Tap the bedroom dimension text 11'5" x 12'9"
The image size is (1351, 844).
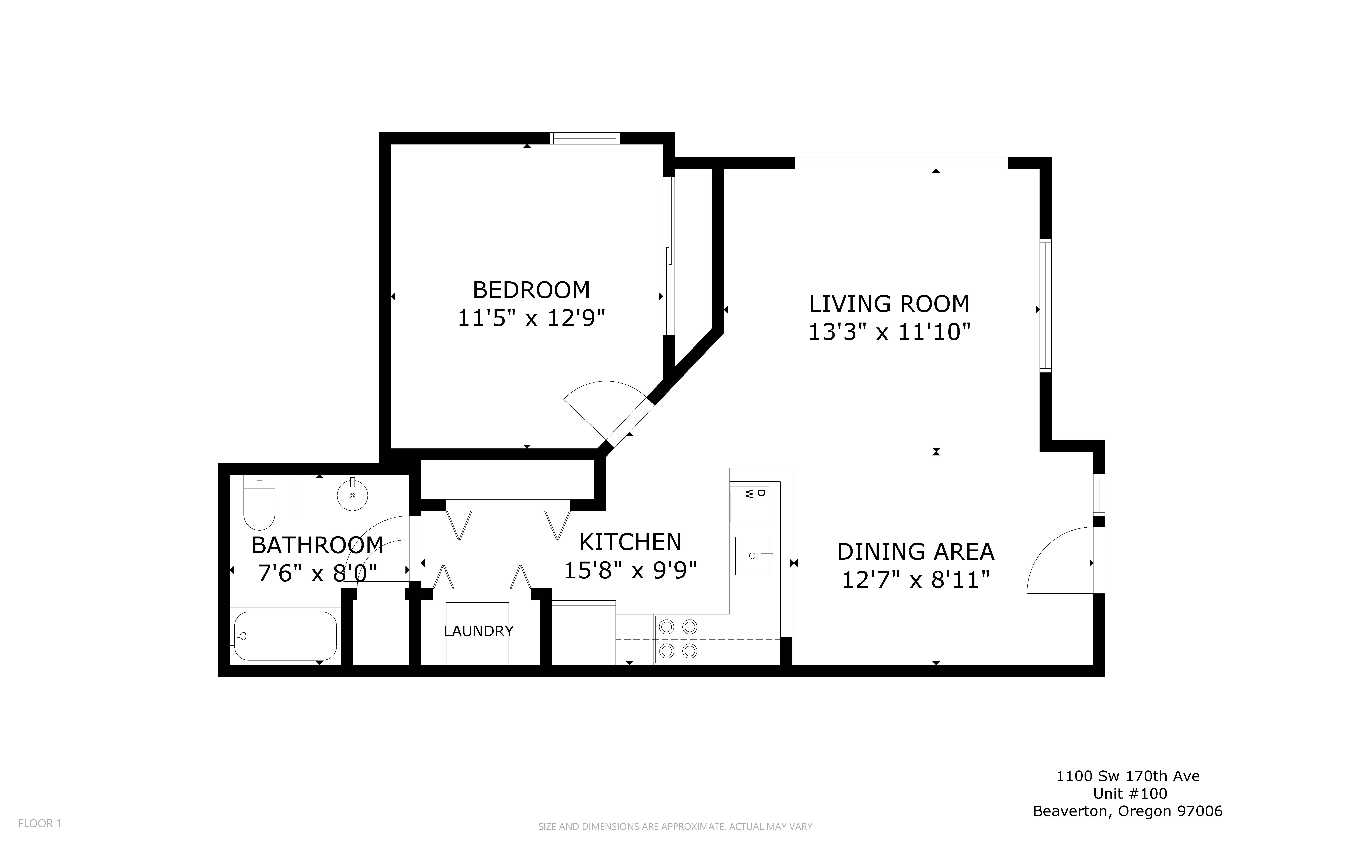(531, 319)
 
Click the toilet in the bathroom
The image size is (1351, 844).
(259, 502)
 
